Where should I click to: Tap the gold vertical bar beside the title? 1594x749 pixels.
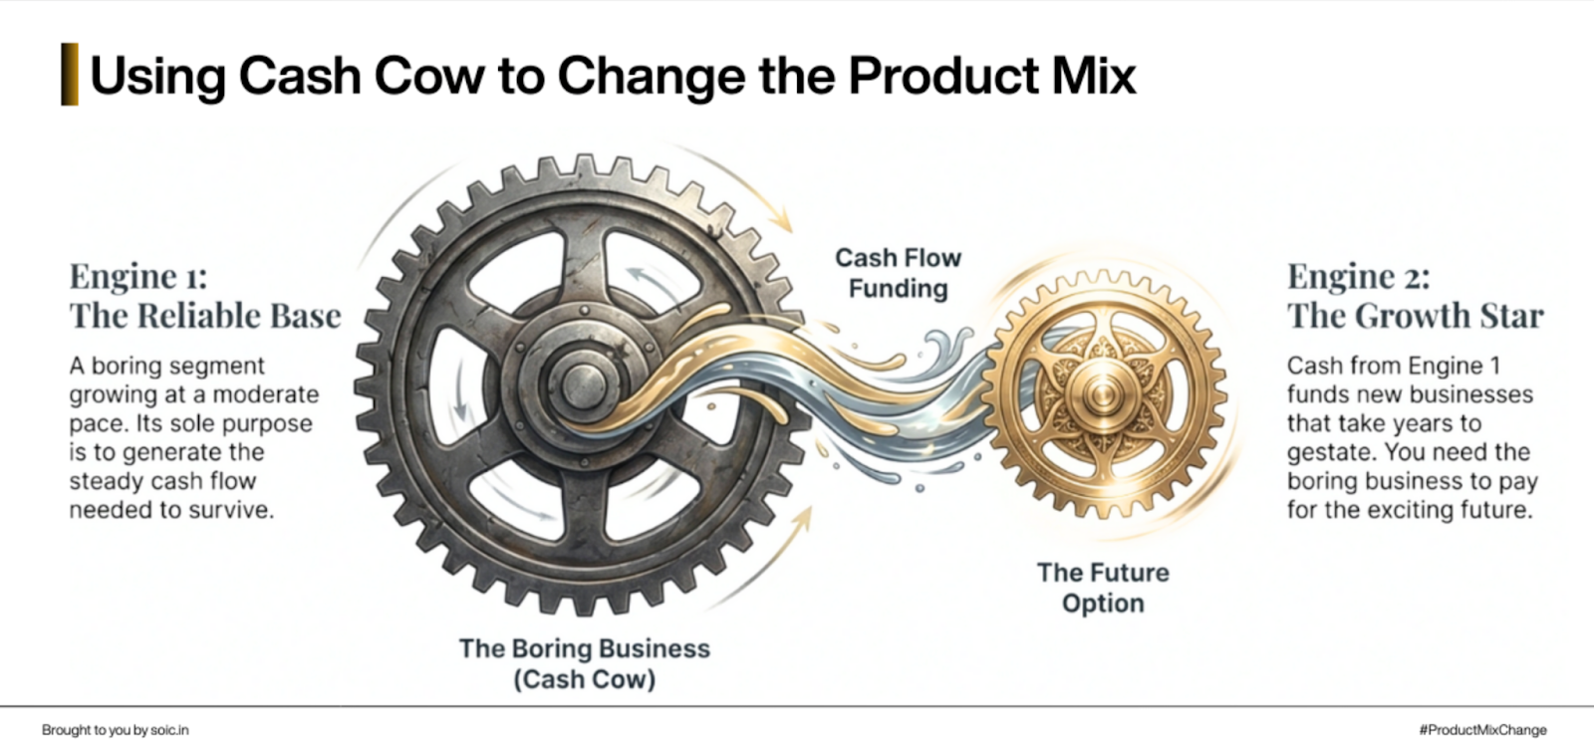coord(69,75)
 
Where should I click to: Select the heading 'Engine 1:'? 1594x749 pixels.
coord(137,276)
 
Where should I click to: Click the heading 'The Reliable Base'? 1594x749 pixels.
coord(205,316)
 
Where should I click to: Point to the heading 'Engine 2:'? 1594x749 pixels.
coord(1358,276)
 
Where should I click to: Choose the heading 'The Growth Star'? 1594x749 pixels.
coord(1415,316)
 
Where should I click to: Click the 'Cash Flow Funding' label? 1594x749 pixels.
coord(898,273)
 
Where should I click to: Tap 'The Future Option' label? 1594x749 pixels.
coord(1103,588)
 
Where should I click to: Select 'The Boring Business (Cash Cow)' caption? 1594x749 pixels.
coord(585,663)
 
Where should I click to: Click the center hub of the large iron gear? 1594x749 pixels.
coord(580,384)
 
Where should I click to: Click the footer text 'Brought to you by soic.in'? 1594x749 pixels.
coord(115,730)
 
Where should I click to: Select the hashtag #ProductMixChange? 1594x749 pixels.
coord(1482,730)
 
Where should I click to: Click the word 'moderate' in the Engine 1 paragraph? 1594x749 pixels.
coord(270,394)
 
